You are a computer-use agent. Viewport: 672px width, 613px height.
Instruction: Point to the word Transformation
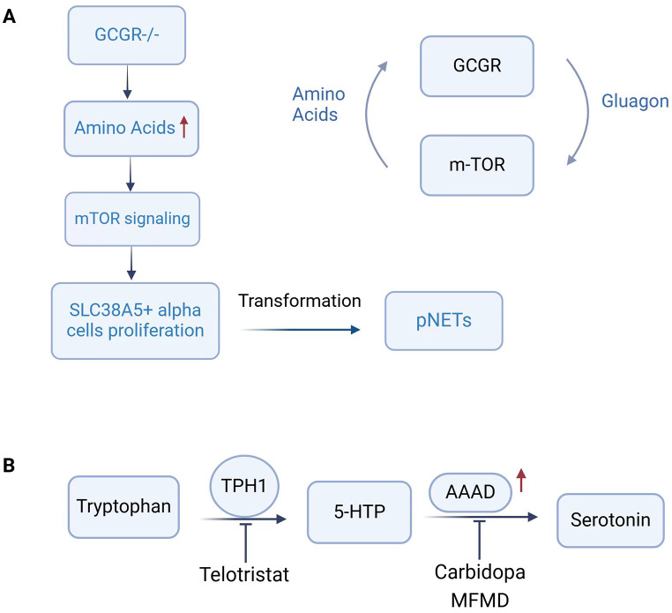[300, 301]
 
